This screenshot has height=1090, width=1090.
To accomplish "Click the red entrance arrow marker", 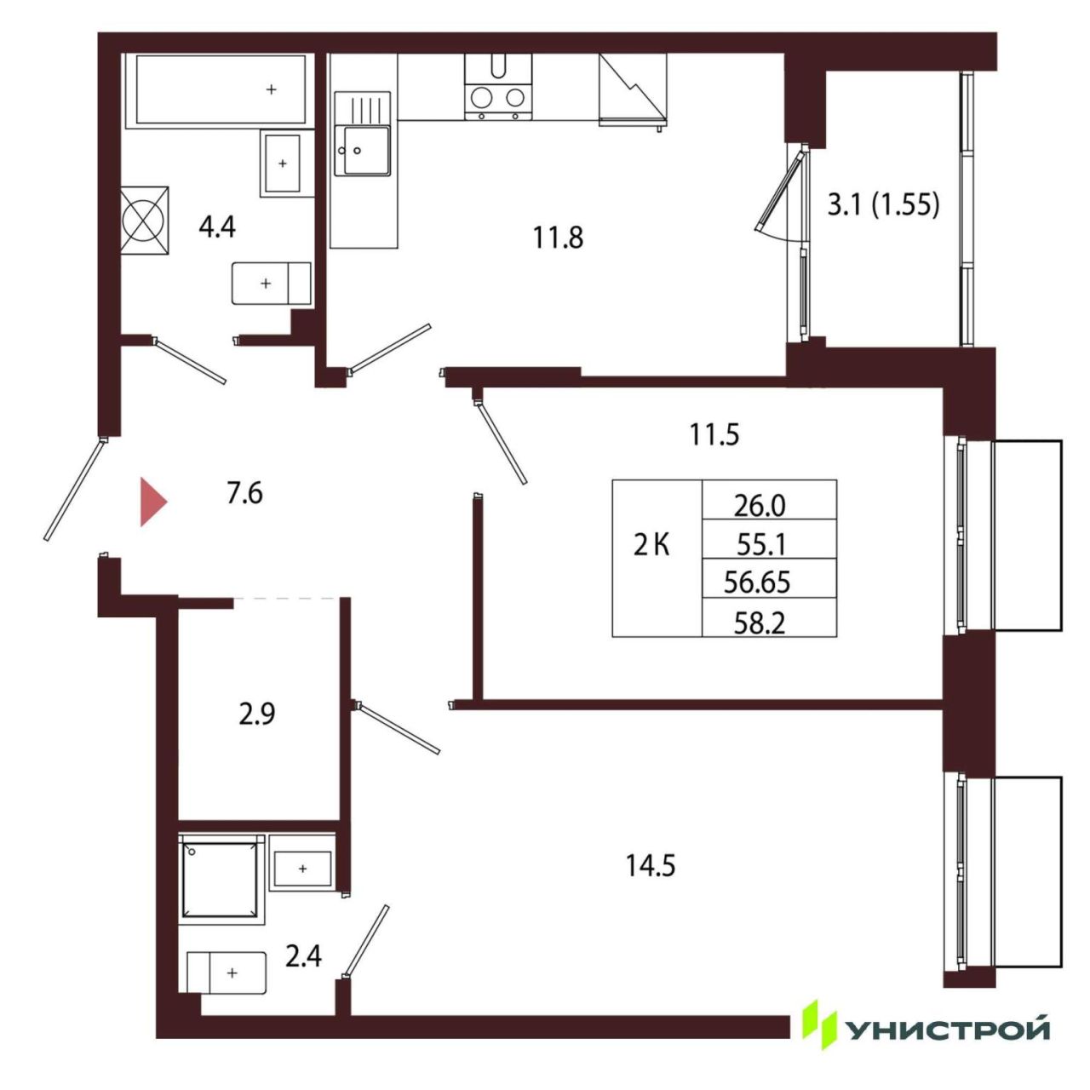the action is pyautogui.click(x=153, y=502).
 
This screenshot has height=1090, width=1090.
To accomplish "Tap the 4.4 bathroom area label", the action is pyautogui.click(x=216, y=227).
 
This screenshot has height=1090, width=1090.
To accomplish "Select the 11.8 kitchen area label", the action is pyautogui.click(x=558, y=238).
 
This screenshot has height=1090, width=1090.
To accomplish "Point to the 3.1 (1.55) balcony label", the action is pyautogui.click(x=883, y=204).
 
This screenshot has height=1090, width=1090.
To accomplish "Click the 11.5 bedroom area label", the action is pyautogui.click(x=714, y=435).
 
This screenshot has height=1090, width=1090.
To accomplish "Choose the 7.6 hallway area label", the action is pyautogui.click(x=244, y=494).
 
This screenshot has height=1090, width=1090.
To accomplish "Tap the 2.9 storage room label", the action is pyautogui.click(x=257, y=714).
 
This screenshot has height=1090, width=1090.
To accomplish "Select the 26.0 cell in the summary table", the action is pyautogui.click(x=760, y=506).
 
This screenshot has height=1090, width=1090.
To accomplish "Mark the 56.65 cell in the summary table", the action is pyautogui.click(x=757, y=582).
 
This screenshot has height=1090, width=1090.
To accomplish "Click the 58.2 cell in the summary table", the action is pyautogui.click(x=760, y=622).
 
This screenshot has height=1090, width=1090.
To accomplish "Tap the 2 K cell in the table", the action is pyautogui.click(x=651, y=546).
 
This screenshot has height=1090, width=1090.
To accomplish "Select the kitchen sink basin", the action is pyautogui.click(x=361, y=150).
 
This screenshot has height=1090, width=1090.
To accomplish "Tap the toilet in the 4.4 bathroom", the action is pyautogui.click(x=272, y=283).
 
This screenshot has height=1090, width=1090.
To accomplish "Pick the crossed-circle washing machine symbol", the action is pyautogui.click(x=145, y=220).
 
